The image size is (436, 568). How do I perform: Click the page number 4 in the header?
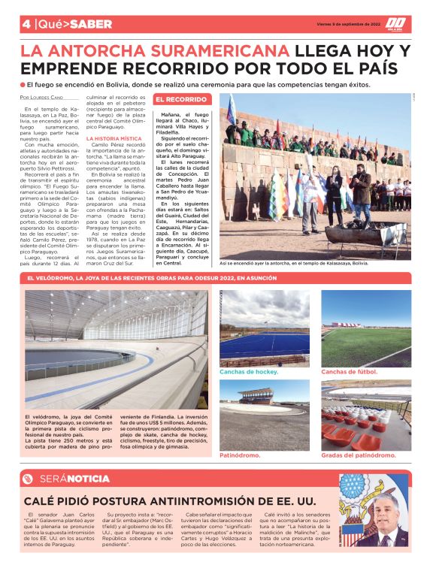pos(26,24)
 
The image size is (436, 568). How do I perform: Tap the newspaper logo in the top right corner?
pos(396,24)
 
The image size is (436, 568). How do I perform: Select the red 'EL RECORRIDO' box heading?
pos(180,99)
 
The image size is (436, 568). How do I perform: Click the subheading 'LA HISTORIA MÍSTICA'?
pos(113,138)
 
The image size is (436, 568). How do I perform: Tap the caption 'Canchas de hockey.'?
pos(249,371)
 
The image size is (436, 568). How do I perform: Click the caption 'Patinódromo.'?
pos(241,455)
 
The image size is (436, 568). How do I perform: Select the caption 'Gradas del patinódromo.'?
pos(357,455)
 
